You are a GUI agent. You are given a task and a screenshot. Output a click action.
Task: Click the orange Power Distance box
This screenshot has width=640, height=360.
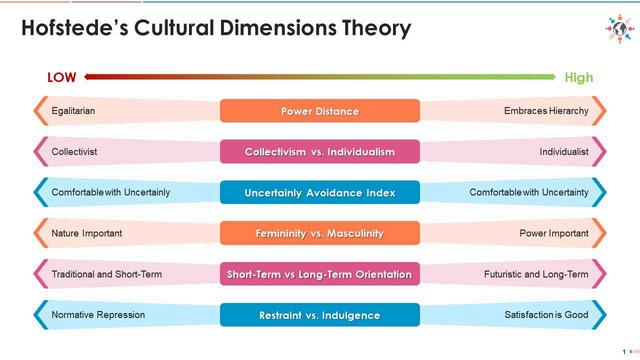coord(320,111)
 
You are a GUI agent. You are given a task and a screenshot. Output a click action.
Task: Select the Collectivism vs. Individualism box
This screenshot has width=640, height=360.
coord(320,151)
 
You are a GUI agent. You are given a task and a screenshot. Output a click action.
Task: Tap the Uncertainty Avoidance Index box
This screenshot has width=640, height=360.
coord(320,192)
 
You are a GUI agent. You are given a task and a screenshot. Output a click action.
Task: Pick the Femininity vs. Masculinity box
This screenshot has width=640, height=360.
coord(320,233)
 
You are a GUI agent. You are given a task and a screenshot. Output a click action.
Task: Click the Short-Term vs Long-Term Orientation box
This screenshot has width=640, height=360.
coord(320,274)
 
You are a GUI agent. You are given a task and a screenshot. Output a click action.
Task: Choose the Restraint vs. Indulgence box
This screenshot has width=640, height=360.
coord(320,315)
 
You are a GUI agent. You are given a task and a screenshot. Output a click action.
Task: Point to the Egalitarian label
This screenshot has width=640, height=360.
coord(73,111)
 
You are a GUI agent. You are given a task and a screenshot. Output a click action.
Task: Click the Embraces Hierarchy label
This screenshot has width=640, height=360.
coord(546,111)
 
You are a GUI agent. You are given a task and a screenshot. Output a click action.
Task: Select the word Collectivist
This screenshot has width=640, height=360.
coord(74,151)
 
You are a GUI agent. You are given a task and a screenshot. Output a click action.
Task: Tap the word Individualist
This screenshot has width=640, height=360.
coord(564,151)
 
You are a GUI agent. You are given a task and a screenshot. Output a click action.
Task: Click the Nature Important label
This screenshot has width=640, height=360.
coord(87,233)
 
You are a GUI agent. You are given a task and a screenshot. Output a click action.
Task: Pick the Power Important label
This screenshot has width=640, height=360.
coord(554,233)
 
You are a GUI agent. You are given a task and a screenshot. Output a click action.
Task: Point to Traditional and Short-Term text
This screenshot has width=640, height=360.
coord(107,274)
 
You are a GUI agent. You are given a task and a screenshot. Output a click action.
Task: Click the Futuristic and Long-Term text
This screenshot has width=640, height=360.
coord(536,274)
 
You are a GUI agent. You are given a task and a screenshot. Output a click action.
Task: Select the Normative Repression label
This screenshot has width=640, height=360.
coord(98,315)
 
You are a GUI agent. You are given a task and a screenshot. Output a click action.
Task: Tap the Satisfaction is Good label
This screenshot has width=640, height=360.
coord(547,315)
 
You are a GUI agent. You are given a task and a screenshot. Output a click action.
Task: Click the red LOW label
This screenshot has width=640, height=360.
coord(62,78)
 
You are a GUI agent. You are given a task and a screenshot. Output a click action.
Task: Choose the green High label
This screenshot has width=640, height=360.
coord(579,78)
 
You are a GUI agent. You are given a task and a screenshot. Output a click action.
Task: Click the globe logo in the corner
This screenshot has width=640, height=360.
coord(620,29)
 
